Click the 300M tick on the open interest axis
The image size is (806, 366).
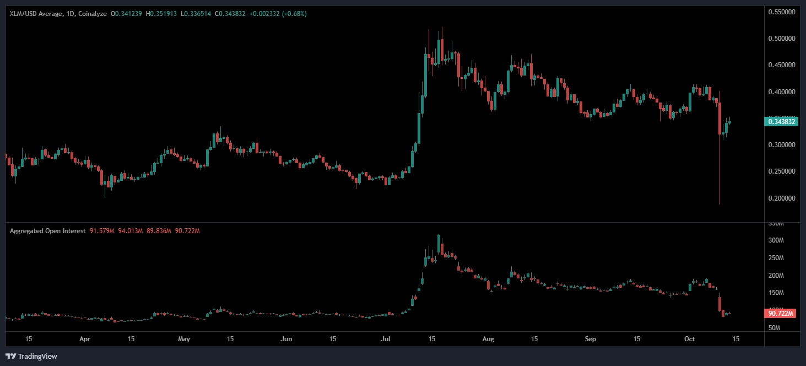tap(776, 241)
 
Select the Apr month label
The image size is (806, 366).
tap(85, 339)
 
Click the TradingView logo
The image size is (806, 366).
tap(31, 356)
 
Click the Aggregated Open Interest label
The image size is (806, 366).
tap(47, 231)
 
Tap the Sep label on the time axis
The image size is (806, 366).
tap(590, 339)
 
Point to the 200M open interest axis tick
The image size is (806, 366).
tap(776, 276)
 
